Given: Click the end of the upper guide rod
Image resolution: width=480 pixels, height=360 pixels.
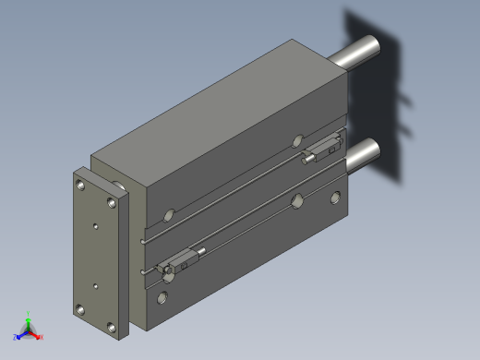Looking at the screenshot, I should (370, 44).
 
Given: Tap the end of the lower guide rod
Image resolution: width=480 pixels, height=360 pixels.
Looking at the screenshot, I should (369, 150).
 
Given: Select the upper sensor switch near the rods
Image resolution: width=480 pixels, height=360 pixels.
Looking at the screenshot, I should (323, 149).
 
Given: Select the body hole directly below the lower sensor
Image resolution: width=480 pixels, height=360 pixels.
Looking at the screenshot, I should (163, 296).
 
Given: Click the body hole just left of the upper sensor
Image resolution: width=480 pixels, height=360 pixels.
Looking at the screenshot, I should (297, 141).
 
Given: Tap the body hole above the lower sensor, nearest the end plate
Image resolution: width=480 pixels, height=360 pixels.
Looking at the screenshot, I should (167, 217).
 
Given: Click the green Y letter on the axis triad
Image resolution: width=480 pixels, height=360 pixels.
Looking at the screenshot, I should (28, 314).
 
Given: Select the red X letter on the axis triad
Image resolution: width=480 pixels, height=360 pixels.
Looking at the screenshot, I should (42, 337).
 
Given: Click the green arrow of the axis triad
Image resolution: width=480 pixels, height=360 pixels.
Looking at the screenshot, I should (28, 322).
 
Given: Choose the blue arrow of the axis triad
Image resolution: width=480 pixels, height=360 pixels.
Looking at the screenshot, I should (21, 334).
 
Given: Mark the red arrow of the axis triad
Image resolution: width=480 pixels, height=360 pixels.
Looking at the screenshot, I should (35, 334).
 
